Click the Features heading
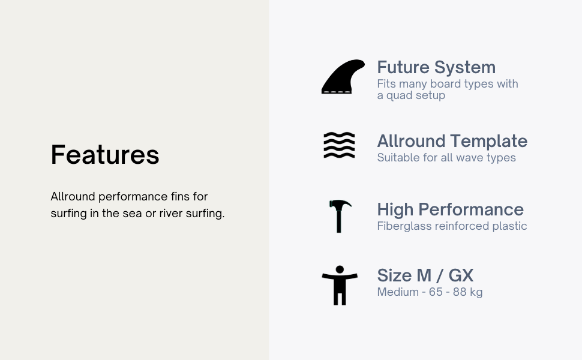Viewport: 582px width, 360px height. pyautogui.click(x=105, y=154)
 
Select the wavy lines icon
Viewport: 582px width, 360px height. pyautogui.click(x=339, y=145)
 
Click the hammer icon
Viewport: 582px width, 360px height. pyautogui.click(x=339, y=216)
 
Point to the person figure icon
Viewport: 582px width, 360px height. pyautogui.click(x=340, y=286)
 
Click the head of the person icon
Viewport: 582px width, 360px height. pyautogui.click(x=340, y=270)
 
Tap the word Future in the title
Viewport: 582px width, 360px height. pyautogui.click(x=403, y=68)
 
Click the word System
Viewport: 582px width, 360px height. pyautogui.click(x=465, y=68)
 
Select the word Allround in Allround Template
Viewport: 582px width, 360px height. pyautogui.click(x=411, y=142)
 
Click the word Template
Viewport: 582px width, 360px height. pyautogui.click(x=490, y=142)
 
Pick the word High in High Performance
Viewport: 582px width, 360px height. pyautogui.click(x=395, y=210)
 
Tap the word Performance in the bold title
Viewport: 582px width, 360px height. pyautogui.click(x=471, y=209)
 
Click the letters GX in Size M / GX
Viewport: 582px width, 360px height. pyautogui.click(x=461, y=276)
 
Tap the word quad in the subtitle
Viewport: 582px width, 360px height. pyautogui.click(x=400, y=96)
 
